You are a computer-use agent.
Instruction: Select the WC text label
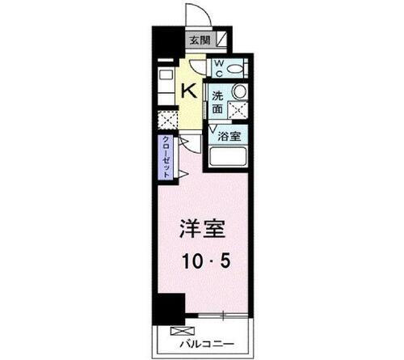[x=217, y=66]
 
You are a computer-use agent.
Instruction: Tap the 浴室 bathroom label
[x=230, y=136]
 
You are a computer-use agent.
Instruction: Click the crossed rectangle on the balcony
[x=177, y=331]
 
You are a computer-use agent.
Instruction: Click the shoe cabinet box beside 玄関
[x=221, y=40]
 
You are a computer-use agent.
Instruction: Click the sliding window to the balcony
[x=218, y=317]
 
